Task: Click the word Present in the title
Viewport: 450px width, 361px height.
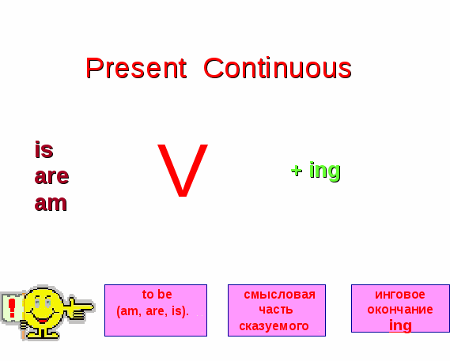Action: click(136, 68)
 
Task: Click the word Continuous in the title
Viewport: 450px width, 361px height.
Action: click(278, 68)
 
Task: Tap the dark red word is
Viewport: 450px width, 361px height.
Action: click(44, 149)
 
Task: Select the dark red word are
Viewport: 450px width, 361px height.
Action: click(51, 176)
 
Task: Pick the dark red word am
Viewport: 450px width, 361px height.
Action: click(51, 203)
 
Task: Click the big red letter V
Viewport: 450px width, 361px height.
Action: click(183, 171)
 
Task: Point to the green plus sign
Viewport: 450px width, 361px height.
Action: click(297, 171)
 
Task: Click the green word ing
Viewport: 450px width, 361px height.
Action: click(325, 171)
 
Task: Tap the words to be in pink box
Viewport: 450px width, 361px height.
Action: click(157, 295)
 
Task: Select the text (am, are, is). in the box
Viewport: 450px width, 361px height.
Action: click(153, 311)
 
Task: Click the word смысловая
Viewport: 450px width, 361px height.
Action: click(279, 295)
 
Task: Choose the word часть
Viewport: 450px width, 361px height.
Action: click(276, 310)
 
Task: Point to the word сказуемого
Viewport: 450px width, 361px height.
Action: click(274, 326)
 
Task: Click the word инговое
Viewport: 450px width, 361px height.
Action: click(400, 295)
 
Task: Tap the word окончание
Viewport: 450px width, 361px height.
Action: click(400, 310)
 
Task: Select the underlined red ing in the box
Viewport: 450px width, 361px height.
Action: click(400, 325)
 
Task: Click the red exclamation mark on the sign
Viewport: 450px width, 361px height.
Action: click(12, 308)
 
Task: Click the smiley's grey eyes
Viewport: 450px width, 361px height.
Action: click(43, 303)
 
